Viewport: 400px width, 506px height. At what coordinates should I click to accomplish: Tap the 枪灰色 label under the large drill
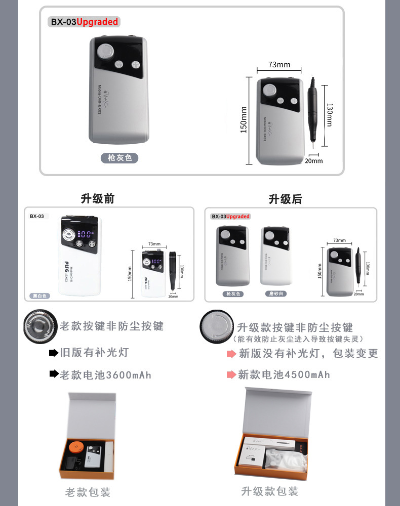(x=119, y=158)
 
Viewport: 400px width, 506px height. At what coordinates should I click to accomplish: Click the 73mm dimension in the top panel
(x=279, y=65)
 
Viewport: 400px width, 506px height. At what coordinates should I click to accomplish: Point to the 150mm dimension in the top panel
(x=244, y=120)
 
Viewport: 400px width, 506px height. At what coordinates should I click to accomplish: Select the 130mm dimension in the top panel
(x=330, y=115)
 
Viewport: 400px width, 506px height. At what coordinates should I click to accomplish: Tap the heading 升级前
(x=98, y=199)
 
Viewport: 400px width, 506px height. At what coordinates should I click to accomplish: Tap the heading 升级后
(x=285, y=199)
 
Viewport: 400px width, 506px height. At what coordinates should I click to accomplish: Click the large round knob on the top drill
(x=106, y=51)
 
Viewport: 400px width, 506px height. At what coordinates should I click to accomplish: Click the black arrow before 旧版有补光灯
(x=53, y=353)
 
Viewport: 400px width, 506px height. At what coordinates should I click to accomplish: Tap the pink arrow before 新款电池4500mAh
(x=230, y=375)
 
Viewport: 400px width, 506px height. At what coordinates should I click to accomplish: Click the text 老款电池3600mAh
(x=105, y=375)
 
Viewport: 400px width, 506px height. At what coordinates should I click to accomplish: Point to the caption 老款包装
(x=88, y=492)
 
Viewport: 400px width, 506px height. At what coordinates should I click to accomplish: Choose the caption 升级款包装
(x=269, y=491)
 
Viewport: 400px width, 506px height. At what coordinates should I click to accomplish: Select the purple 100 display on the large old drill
(x=86, y=234)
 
